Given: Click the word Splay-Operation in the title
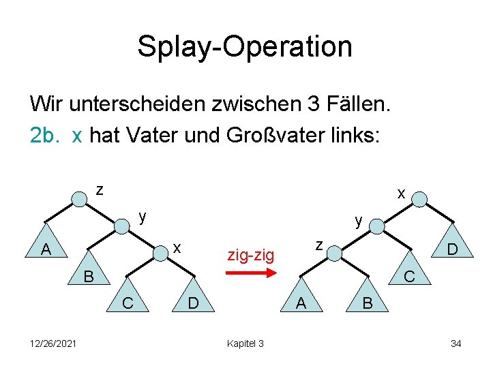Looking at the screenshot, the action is [245, 47].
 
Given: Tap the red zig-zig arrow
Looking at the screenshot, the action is [250, 273].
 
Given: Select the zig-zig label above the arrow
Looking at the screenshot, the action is [250, 256].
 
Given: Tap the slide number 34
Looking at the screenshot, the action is [456, 343].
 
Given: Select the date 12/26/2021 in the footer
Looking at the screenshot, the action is [52, 343].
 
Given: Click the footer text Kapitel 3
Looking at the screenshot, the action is [245, 343].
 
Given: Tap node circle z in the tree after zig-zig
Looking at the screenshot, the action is [335, 253].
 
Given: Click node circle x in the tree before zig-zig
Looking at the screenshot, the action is [160, 253].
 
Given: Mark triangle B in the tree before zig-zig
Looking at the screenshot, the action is [87, 275].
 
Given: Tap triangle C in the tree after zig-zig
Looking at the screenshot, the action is [410, 275].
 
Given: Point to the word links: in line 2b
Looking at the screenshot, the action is [359, 136].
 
